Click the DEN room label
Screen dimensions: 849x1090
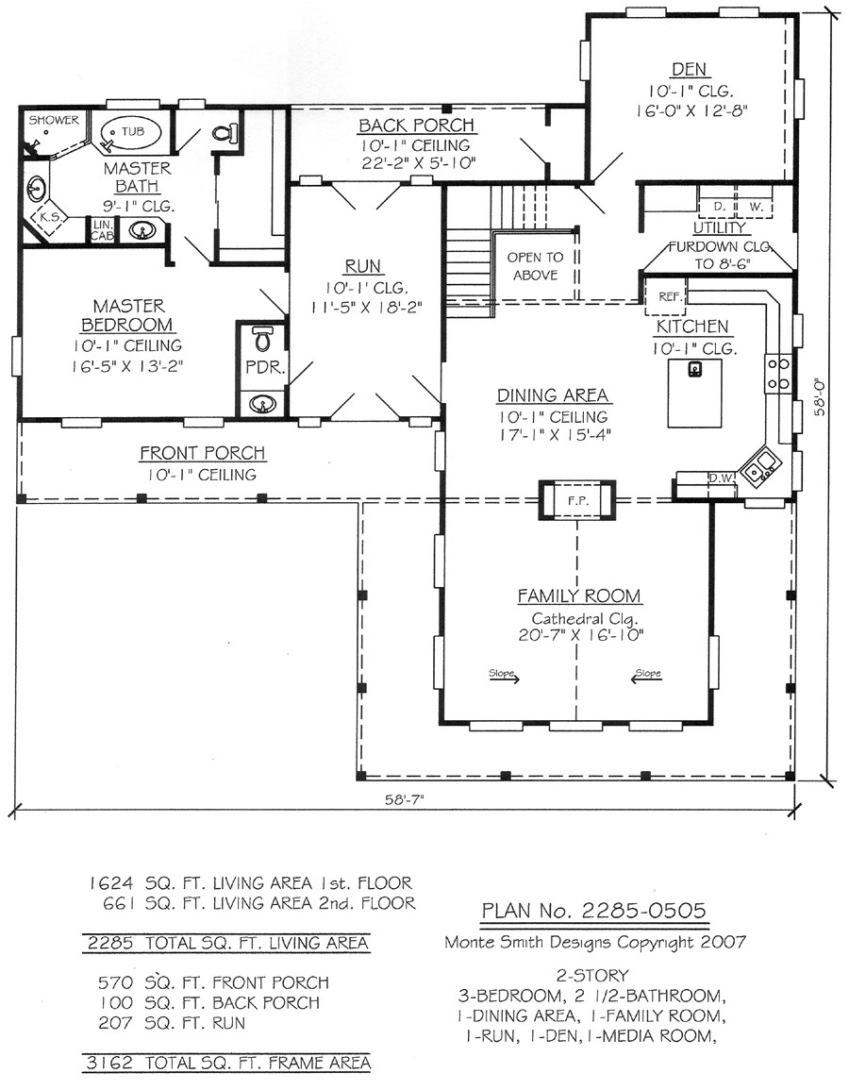689,69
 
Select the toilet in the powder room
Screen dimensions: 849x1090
262,339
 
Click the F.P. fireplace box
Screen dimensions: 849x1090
576,500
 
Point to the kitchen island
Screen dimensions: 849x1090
694,394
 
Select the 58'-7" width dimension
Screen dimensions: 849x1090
405,799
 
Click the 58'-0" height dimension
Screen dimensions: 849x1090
821,396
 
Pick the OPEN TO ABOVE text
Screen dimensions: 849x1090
535,266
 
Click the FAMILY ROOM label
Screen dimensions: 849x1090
579,595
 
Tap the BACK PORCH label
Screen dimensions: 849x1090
416,126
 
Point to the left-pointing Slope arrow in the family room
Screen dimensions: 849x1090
646,678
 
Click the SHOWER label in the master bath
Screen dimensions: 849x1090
54,120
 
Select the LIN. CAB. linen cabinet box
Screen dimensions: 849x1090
102,231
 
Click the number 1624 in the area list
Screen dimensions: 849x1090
110,883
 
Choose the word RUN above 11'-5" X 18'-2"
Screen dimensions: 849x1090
362,266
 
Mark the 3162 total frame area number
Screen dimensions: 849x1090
110,1063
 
